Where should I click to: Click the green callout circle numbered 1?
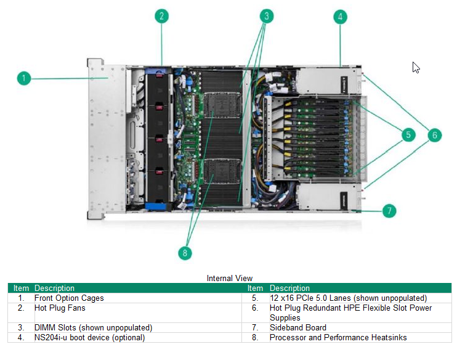(23, 78)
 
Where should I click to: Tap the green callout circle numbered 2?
(161, 16)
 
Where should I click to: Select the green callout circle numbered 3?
(266, 16)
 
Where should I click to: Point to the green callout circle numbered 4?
(341, 17)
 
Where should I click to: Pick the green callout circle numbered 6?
(434, 134)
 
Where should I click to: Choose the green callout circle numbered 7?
(389, 211)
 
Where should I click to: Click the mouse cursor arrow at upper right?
(416, 67)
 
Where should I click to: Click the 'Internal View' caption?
(230, 278)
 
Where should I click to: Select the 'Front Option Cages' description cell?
(69, 298)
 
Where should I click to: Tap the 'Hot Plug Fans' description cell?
(60, 308)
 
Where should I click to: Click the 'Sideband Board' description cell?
(298, 328)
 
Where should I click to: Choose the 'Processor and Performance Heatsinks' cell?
(338, 337)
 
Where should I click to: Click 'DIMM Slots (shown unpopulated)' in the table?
(93, 328)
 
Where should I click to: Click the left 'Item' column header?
(21, 288)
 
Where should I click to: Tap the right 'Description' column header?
(289, 288)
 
